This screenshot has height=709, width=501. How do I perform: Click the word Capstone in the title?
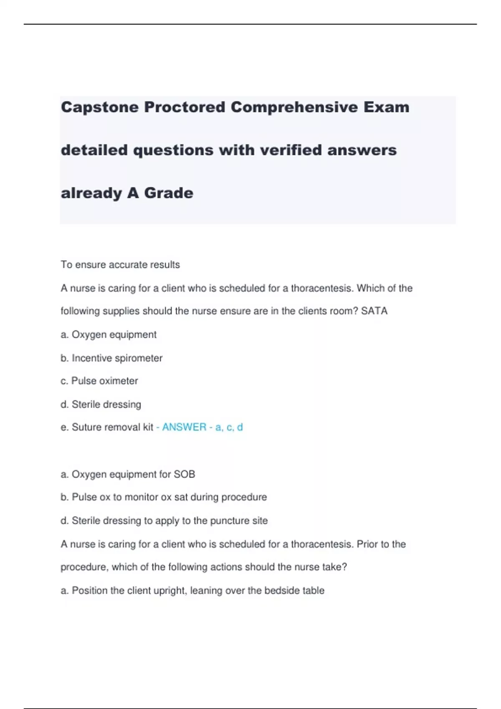100,108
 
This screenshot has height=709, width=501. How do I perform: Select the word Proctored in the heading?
185,107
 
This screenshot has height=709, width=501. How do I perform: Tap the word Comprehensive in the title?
294,107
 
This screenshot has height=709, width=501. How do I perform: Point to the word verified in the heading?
291,150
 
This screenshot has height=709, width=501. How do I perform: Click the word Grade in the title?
169,193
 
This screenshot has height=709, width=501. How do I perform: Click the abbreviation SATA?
374,311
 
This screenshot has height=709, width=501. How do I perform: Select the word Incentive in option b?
92,358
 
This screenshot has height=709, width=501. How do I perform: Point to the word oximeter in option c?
117,381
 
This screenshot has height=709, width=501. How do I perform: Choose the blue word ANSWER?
184,427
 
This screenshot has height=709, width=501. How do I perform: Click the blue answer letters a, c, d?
229,427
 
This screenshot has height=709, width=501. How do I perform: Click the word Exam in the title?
386,107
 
